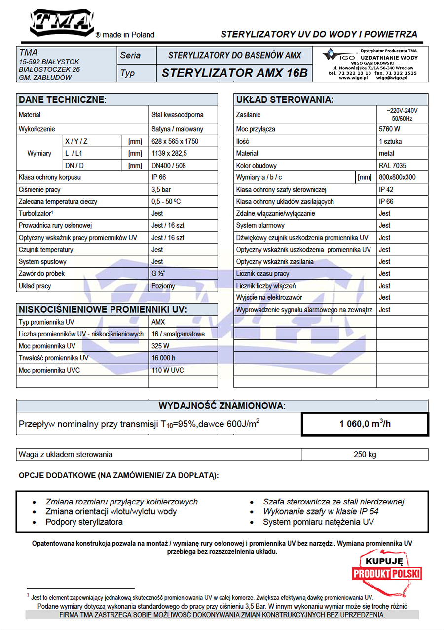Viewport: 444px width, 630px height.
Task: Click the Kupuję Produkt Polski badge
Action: [387, 570]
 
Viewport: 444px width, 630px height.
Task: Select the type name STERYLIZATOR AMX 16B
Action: [234, 73]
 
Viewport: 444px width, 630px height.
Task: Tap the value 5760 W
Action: [390, 129]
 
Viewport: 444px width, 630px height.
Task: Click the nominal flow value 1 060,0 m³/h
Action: [365, 424]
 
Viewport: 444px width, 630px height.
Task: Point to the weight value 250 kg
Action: [365, 454]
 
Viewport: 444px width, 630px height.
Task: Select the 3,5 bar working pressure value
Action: [161, 190]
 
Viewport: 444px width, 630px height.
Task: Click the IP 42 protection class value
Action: [386, 190]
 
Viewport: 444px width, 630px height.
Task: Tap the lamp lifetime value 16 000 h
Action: [163, 358]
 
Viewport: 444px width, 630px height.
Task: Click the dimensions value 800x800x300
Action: [397, 177]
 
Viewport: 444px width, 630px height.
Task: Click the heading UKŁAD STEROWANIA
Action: [285, 100]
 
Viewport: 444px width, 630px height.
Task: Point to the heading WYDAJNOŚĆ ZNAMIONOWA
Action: [222, 406]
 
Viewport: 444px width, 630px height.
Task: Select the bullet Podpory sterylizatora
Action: [84, 522]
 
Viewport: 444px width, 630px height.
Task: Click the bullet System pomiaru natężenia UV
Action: [318, 522]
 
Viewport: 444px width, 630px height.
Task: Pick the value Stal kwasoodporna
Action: [177, 115]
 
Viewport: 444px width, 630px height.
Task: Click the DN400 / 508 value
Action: [169, 166]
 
